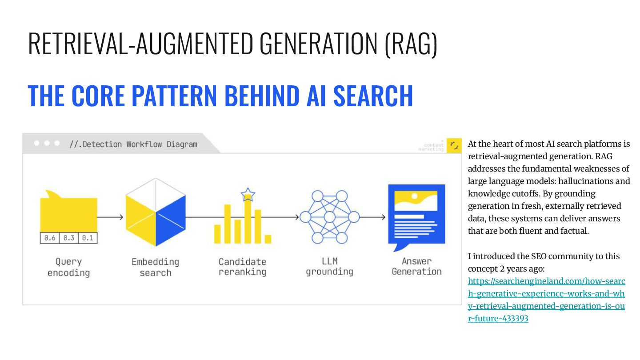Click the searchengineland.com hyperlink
point(546,300)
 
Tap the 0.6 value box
point(50,238)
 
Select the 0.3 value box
point(68,238)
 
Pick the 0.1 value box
point(88,238)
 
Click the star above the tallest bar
point(248,194)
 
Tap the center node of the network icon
point(329,217)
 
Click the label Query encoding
point(68,267)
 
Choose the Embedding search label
point(155,267)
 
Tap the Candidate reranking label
point(242,267)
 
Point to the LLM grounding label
point(329,266)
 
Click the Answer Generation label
point(416,266)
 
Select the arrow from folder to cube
point(110,217)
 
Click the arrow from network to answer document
point(372,217)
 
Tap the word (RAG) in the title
point(411,44)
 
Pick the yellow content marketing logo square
point(454,145)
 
